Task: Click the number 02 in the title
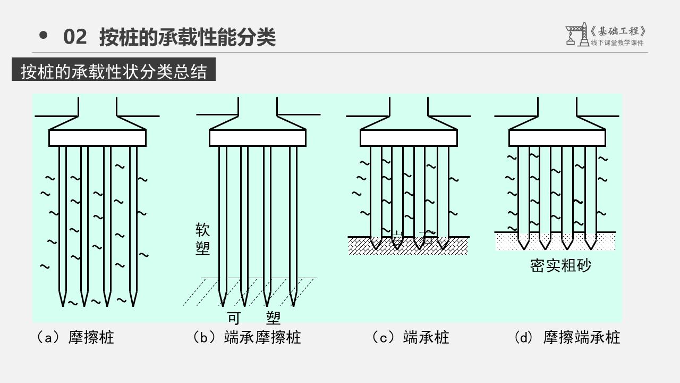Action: pyautogui.click(x=74, y=37)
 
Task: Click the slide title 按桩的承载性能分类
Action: pyautogui.click(x=188, y=37)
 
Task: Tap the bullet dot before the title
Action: pyautogui.click(x=44, y=36)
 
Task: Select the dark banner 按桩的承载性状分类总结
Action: pyautogui.click(x=114, y=71)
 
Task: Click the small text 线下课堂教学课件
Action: pyautogui.click(x=617, y=43)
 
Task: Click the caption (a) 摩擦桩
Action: pyautogui.click(x=75, y=337)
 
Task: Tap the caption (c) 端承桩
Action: pyautogui.click(x=411, y=337)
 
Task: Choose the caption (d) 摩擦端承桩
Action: pyautogui.click(x=567, y=337)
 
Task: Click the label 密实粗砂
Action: pyautogui.click(x=560, y=265)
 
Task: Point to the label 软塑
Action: pyautogui.click(x=202, y=239)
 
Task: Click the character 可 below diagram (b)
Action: pyautogui.click(x=234, y=318)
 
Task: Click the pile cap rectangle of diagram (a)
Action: pyautogui.click(x=97, y=138)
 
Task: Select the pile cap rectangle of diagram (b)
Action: pyautogui.click(x=258, y=138)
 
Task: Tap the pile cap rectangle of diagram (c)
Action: pyautogui.click(x=409, y=138)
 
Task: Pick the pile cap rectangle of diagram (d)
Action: pyautogui.click(x=557, y=138)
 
